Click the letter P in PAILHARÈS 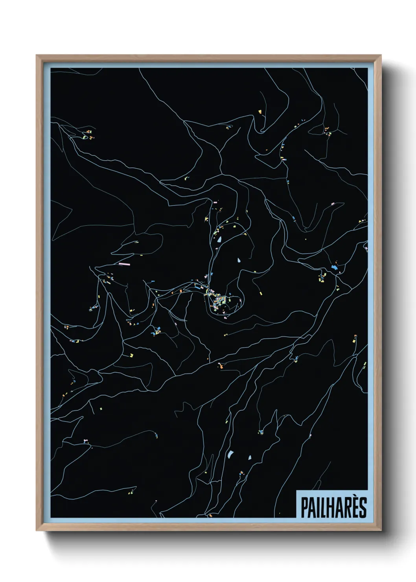click(x=304, y=508)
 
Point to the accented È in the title click(x=355, y=507)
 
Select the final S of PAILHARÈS click(x=363, y=508)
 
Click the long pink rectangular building click(x=124, y=264)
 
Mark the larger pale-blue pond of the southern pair click(x=230, y=455)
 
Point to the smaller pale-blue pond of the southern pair click(x=249, y=457)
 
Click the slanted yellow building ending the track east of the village click(x=260, y=293)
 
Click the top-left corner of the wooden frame click(x=37, y=55)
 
